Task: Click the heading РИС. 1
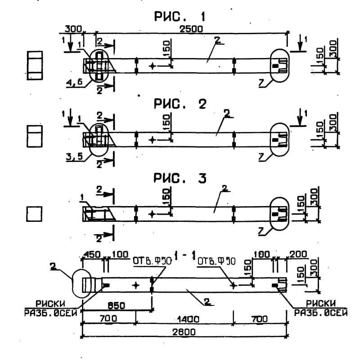click(180, 18)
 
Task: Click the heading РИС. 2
click(180, 104)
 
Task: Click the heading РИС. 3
click(180, 179)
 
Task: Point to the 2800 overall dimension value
click(184, 332)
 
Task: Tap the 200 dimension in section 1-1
click(298, 255)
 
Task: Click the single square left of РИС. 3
click(34, 214)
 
